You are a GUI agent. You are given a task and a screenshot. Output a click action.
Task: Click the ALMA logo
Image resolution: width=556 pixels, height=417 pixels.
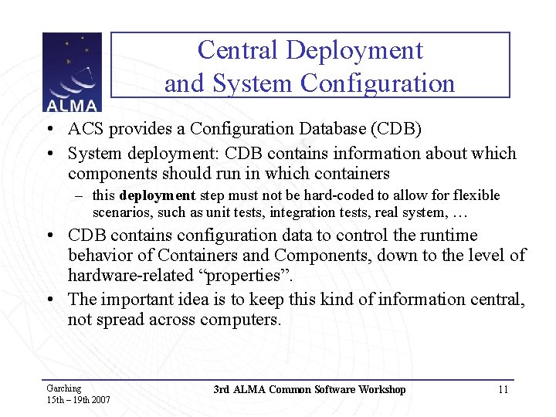click(x=72, y=72)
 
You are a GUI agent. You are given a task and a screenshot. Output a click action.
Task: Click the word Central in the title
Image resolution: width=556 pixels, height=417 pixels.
click(x=237, y=50)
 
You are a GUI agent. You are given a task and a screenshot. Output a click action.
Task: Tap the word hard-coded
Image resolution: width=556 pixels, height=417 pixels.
click(x=337, y=195)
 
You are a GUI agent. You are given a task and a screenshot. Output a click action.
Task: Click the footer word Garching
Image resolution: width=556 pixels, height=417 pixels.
click(x=63, y=388)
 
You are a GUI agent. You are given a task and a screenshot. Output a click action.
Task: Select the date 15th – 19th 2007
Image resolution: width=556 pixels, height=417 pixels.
click(x=78, y=400)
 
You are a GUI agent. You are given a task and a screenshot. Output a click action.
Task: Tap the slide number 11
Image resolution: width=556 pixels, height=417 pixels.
click(x=503, y=389)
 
